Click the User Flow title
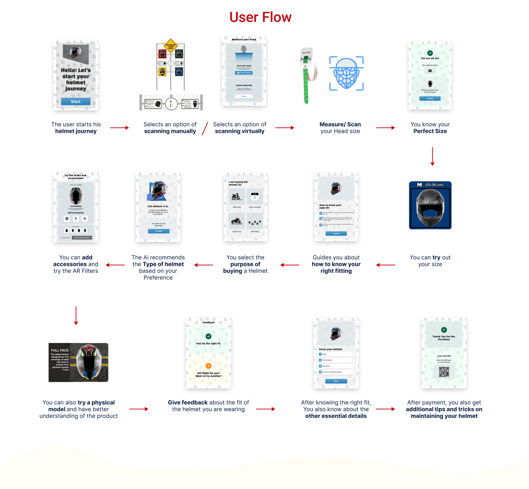tap(260, 17)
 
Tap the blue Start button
tap(76, 102)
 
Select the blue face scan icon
tap(346, 74)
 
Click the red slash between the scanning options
tap(205, 128)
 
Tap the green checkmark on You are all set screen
tap(430, 53)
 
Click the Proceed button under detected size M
tap(430, 99)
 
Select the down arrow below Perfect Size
tap(432, 156)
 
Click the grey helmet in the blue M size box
tap(430, 208)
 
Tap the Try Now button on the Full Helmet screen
tap(159, 231)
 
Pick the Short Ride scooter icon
tap(237, 197)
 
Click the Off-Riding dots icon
tap(255, 222)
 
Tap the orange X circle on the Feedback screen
tap(208, 366)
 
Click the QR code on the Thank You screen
tap(444, 372)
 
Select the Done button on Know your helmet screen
tap(336, 381)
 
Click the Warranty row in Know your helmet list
tap(336, 366)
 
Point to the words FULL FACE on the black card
tap(60, 350)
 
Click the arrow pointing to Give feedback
tap(139, 409)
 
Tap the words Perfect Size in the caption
tap(430, 131)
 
